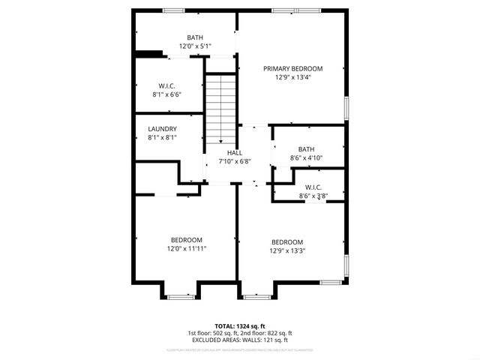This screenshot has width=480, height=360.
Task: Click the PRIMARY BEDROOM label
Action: pos(292,68)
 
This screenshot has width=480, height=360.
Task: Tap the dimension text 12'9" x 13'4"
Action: pos(292,76)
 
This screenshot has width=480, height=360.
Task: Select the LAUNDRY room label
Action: pos(162,129)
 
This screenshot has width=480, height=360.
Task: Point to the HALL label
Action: pos(234,152)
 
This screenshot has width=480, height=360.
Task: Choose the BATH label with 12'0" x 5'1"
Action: pos(195,37)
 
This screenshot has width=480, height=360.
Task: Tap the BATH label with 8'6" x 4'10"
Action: pos(306,148)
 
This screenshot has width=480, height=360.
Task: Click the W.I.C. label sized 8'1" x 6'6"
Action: pos(166,85)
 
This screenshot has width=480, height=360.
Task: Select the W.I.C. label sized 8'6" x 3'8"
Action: pos(313,187)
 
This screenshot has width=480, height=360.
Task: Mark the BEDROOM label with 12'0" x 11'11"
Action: pos(187,240)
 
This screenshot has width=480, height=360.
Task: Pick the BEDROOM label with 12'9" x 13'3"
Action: pos(286,241)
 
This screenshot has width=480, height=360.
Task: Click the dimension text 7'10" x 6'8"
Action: pos(234,161)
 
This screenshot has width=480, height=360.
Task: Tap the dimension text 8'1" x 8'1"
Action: pos(162,138)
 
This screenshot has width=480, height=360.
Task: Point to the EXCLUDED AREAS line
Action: pos(239,340)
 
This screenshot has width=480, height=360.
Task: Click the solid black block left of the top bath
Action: pos(149,53)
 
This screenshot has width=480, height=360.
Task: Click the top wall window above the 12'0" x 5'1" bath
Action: pos(174,10)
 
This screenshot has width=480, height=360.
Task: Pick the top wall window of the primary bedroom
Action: pos(283,10)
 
